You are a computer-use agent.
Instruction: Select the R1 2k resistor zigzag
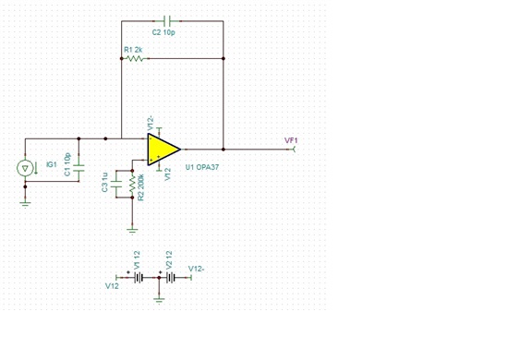click(x=136, y=58)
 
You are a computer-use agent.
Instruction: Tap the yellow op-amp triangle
click(x=163, y=149)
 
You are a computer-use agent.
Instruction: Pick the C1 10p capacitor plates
click(x=79, y=169)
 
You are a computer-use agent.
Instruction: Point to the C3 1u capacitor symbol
click(x=117, y=183)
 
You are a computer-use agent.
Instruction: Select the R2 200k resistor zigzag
click(x=132, y=188)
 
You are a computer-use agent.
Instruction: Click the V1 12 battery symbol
click(x=138, y=278)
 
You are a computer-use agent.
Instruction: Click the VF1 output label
click(x=292, y=139)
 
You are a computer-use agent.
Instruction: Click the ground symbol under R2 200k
click(x=132, y=226)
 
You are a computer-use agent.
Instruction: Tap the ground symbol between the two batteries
click(x=159, y=297)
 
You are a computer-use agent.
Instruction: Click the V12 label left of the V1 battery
click(x=112, y=287)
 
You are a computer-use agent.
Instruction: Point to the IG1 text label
click(x=52, y=163)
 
